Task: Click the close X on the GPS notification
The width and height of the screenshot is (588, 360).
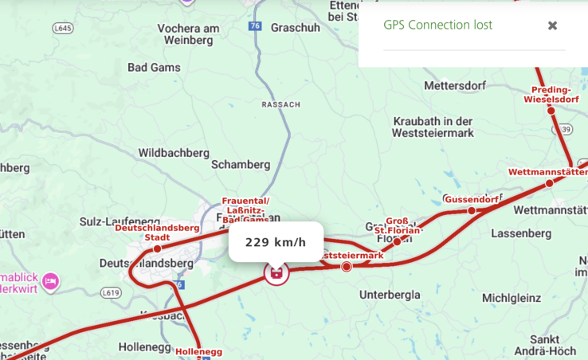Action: pyautogui.click(x=552, y=25)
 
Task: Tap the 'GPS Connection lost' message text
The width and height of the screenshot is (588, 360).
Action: pyautogui.click(x=437, y=25)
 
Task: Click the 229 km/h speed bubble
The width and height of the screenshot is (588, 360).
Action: pyautogui.click(x=276, y=242)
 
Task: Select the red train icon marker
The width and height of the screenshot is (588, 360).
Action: pyautogui.click(x=276, y=274)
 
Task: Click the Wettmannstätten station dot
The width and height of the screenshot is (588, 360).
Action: pyautogui.click(x=549, y=183)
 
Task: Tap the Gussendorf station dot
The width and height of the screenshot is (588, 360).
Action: pyautogui.click(x=472, y=210)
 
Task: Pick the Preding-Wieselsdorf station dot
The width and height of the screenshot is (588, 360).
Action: pyautogui.click(x=551, y=110)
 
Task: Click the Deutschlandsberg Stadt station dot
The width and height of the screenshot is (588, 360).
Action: pyautogui.click(x=157, y=248)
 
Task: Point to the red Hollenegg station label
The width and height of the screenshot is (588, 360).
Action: pyautogui.click(x=198, y=351)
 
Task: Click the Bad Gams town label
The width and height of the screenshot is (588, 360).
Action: pyautogui.click(x=154, y=68)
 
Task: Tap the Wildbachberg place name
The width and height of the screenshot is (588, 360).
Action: pyautogui.click(x=174, y=152)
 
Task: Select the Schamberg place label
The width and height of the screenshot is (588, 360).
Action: pyautogui.click(x=241, y=164)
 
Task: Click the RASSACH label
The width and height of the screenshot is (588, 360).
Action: pyautogui.click(x=281, y=104)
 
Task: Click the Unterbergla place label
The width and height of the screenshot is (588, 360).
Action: pyautogui.click(x=390, y=295)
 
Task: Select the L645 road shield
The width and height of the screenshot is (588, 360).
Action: pyautogui.click(x=63, y=28)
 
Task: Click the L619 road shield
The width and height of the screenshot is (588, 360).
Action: pyautogui.click(x=112, y=293)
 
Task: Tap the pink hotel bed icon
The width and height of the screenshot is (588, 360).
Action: pyautogui.click(x=50, y=280)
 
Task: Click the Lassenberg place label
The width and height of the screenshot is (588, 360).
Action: pyautogui.click(x=521, y=233)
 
